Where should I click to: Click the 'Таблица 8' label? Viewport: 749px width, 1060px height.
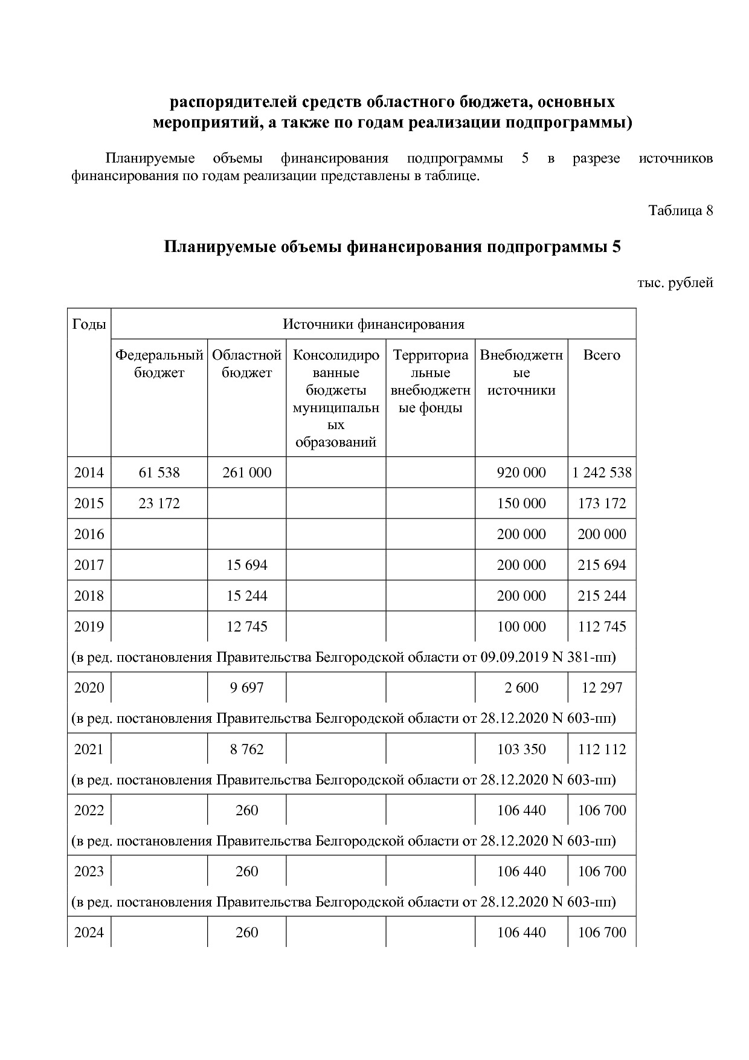[x=680, y=210]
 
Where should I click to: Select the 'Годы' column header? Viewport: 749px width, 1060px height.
[x=89, y=324]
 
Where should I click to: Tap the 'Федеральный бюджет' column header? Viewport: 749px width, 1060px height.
[x=159, y=364]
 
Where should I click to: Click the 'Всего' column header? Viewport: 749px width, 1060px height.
[x=601, y=355]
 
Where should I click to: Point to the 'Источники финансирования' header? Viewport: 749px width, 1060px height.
[x=373, y=324]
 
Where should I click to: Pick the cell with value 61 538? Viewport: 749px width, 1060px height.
[x=159, y=473]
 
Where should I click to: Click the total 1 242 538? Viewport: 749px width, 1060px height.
[x=602, y=473]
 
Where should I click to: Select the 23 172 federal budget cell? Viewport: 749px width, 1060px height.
[x=159, y=503]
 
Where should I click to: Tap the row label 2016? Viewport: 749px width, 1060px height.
[x=89, y=534]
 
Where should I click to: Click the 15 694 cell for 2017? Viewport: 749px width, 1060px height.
[x=246, y=565]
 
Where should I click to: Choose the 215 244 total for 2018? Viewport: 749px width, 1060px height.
[x=602, y=596]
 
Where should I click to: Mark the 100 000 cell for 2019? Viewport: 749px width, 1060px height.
[x=521, y=627]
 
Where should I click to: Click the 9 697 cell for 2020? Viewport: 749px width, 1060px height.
[x=246, y=688]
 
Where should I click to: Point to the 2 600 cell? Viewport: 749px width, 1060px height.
[x=521, y=688]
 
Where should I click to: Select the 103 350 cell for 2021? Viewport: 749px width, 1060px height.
[x=521, y=749]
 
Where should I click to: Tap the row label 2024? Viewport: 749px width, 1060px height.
[x=89, y=932]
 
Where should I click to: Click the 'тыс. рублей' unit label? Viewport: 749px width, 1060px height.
[x=675, y=283]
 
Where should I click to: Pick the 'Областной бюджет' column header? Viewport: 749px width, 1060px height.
[x=246, y=364]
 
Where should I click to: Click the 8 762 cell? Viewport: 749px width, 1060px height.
[x=246, y=749]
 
